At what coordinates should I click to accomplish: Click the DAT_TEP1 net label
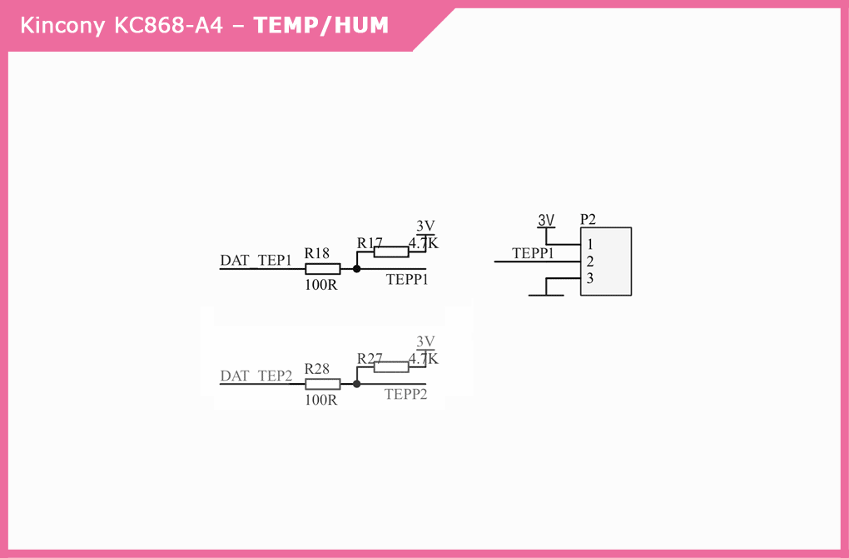click(x=256, y=261)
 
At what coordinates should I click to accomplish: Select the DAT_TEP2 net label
click(x=256, y=376)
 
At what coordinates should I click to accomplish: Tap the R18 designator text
click(x=317, y=252)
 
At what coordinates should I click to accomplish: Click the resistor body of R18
click(x=322, y=269)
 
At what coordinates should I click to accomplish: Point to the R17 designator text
click(x=370, y=242)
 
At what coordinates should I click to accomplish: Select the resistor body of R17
click(x=391, y=252)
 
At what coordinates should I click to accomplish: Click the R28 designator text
click(x=317, y=368)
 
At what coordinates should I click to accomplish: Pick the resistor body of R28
click(x=322, y=384)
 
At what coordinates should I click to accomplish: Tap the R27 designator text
click(x=370, y=358)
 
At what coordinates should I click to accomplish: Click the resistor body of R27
click(x=391, y=366)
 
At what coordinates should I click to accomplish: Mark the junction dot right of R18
click(x=357, y=269)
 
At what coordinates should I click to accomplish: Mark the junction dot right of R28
click(x=357, y=384)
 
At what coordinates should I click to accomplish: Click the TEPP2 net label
click(x=406, y=395)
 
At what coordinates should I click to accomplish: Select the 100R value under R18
click(x=320, y=284)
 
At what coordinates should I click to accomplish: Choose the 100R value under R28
click(x=320, y=400)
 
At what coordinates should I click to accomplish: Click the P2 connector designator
click(x=588, y=219)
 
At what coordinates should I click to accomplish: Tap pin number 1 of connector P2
click(x=590, y=245)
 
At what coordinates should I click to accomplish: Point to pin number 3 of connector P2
click(x=590, y=278)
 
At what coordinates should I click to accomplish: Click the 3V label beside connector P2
click(x=546, y=220)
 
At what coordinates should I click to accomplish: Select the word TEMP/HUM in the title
click(x=321, y=26)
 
